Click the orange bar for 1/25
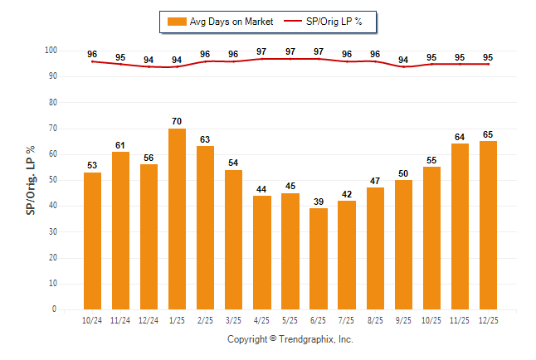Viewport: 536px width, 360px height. [177, 219]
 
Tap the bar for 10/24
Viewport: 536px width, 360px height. [92, 241]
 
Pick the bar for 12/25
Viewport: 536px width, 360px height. [488, 225]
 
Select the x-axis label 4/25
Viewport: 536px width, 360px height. [261, 319]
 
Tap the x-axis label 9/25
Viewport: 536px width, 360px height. [403, 319]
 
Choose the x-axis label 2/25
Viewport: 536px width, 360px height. [205, 319]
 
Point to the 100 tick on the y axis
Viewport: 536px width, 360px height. [50, 51]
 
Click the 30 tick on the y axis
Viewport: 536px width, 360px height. [52, 231]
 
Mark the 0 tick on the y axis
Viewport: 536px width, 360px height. [55, 309]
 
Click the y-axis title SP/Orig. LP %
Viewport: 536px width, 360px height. [31, 179]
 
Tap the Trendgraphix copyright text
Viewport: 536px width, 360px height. [290, 339]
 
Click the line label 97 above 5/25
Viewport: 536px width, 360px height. [290, 51]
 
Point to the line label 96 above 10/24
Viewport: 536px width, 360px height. [92, 54]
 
